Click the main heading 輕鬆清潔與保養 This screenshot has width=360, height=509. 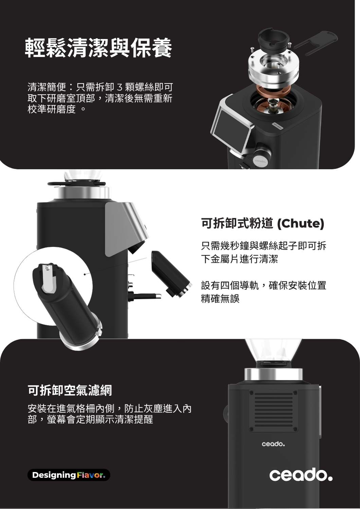(x=98, y=48)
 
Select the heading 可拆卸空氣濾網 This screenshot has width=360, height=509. (x=70, y=391)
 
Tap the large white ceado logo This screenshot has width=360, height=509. (x=301, y=475)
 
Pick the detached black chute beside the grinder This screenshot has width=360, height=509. (x=171, y=274)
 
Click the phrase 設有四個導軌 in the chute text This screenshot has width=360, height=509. (x=230, y=285)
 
